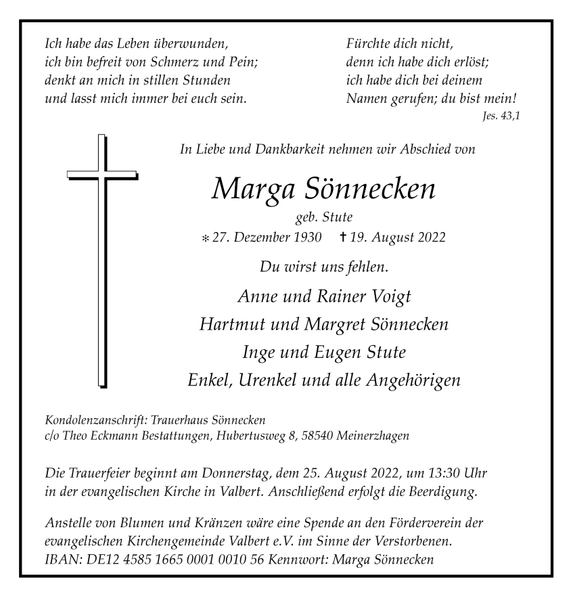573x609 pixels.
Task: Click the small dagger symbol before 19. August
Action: pos(343,238)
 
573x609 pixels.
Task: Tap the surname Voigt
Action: pos(387,296)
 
